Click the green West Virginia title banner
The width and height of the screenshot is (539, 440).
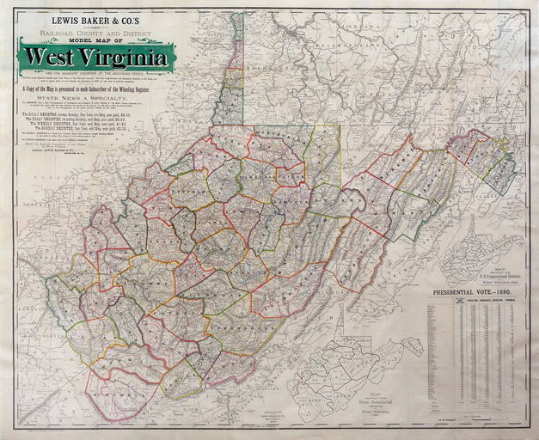[96, 57]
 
